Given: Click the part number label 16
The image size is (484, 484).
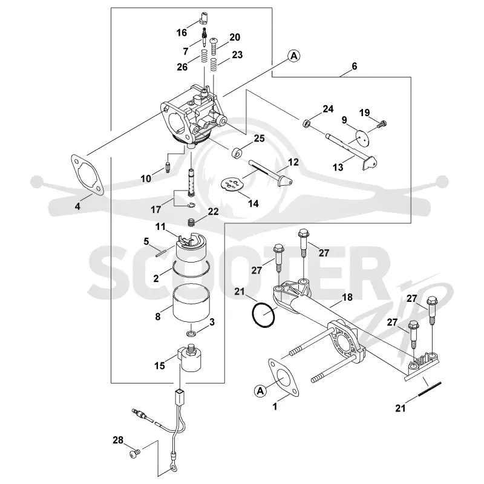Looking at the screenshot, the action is point(182,32).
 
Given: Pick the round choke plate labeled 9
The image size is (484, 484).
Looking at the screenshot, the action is point(364,137).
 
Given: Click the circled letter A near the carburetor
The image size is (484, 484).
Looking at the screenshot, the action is point(294,56).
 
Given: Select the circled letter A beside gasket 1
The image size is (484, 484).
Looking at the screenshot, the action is point(260,391).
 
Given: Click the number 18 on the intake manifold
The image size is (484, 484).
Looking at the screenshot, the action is point(347,297).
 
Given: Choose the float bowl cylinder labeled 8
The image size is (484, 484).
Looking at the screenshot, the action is point(191,304).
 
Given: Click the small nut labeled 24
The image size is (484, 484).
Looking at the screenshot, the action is point(306,123).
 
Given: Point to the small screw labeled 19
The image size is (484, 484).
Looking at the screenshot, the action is point(382,124).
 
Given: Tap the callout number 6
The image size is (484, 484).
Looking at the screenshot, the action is point(354,66).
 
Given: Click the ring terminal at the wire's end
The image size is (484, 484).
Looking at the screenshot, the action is point(173,469).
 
